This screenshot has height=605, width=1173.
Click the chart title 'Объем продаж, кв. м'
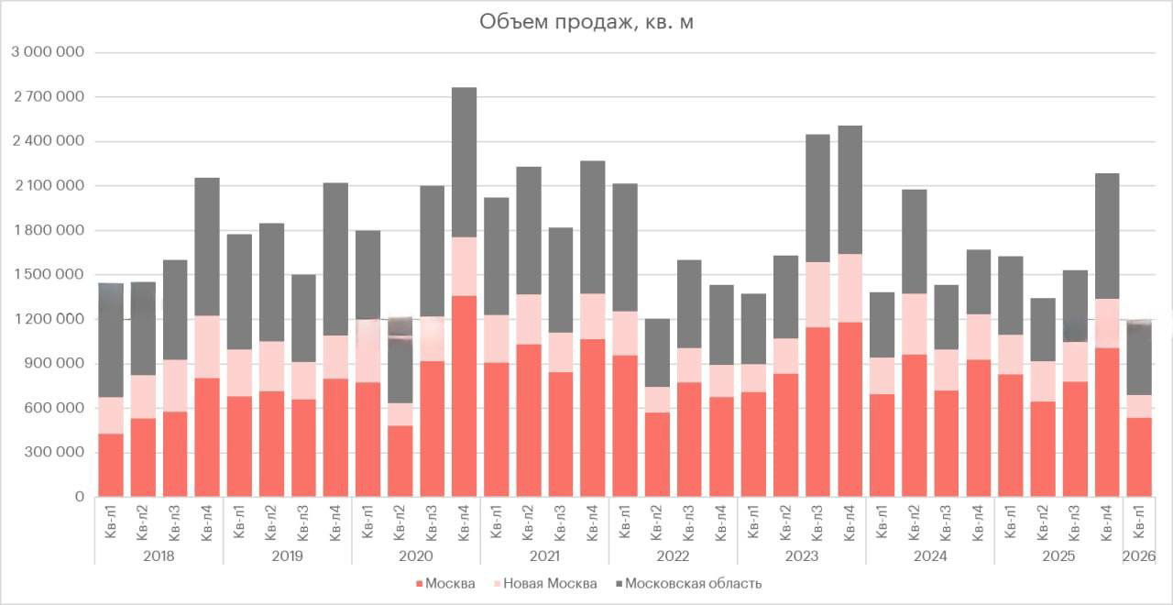pyautogui.click(x=586, y=22)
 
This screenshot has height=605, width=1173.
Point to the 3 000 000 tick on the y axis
pyautogui.click(x=48, y=52)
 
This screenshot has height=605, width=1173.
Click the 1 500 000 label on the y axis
pyautogui.click(x=48, y=275)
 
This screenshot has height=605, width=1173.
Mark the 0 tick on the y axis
pyautogui.click(x=79, y=497)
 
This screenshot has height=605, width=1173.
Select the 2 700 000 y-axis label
pyautogui.click(x=48, y=97)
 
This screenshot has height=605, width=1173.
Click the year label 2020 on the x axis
pyautogui.click(x=416, y=555)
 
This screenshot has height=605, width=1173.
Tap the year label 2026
pyautogui.click(x=1139, y=555)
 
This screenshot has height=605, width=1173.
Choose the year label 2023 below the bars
pyautogui.click(x=802, y=555)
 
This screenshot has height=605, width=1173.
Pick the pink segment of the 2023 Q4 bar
pyautogui.click(x=850, y=288)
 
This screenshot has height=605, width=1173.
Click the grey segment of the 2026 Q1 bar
pyautogui.click(x=1139, y=358)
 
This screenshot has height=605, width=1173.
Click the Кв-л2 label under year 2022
pyautogui.click(x=657, y=522)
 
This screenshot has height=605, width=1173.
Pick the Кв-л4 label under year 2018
pyautogui.click(x=207, y=522)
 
